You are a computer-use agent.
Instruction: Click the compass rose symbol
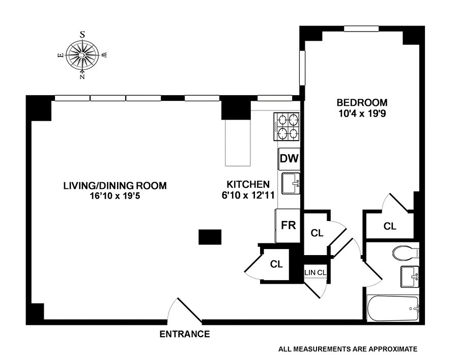(x=82, y=55)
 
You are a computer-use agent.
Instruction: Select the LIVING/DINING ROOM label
(x=114, y=185)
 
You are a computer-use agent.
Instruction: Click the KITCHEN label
(x=248, y=184)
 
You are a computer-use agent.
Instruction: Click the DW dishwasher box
(x=289, y=159)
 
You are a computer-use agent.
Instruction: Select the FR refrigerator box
(x=289, y=225)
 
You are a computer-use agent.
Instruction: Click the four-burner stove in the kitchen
(x=288, y=127)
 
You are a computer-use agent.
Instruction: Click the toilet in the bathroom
(x=406, y=252)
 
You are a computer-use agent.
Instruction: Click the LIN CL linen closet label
(x=315, y=272)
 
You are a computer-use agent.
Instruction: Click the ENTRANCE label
(x=185, y=335)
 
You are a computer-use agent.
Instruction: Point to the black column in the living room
(x=210, y=237)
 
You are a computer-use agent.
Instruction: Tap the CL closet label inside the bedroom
(x=390, y=226)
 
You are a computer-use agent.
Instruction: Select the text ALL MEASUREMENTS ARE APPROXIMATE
(x=348, y=349)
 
